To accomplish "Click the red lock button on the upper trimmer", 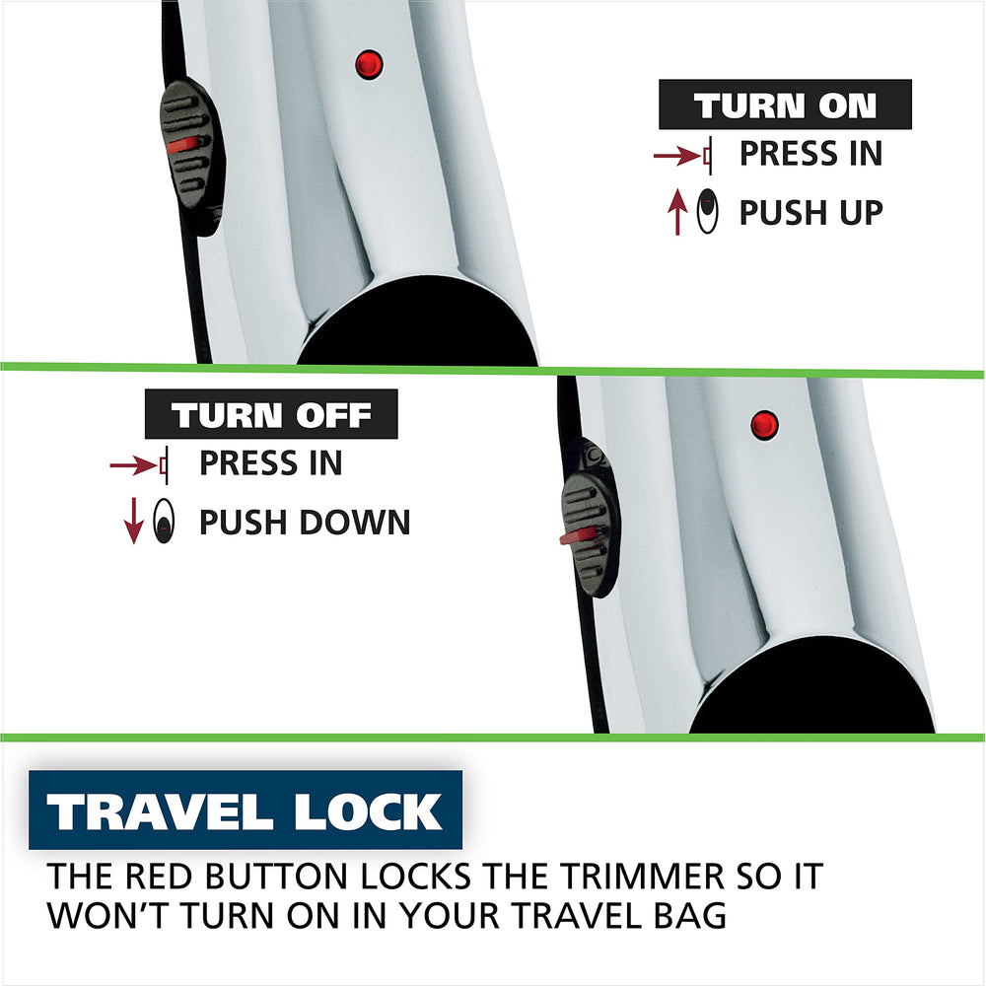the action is (x=369, y=64).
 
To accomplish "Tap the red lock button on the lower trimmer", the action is (x=765, y=425).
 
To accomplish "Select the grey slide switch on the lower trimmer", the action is (x=591, y=517).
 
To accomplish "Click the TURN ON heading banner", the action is (x=785, y=105).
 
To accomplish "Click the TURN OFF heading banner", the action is (x=271, y=414).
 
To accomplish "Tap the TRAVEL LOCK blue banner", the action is (x=246, y=810).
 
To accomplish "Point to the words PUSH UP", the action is (x=811, y=212).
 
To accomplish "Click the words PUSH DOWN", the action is (x=305, y=522).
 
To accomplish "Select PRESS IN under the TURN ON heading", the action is (x=811, y=154).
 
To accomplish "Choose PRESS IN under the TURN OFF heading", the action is (x=271, y=463).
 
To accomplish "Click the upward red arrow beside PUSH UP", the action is (x=677, y=212).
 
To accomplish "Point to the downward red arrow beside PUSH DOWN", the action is (x=133, y=521).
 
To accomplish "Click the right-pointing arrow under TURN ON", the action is (x=677, y=154).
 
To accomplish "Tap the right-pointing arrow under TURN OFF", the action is (x=133, y=465).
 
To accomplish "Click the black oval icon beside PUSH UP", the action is (x=707, y=211).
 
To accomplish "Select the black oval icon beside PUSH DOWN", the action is (x=164, y=521).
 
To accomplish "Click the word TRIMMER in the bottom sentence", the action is (x=642, y=876).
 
